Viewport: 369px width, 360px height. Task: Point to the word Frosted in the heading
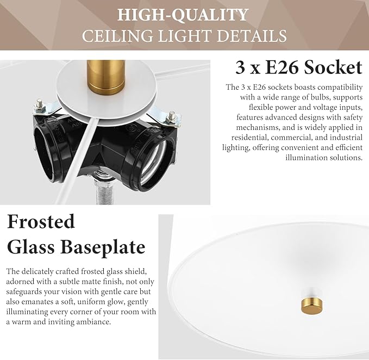[x=41, y=221]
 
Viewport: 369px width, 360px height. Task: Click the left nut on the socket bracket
[x=40, y=103]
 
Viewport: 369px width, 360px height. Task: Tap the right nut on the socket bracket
[x=172, y=116]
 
